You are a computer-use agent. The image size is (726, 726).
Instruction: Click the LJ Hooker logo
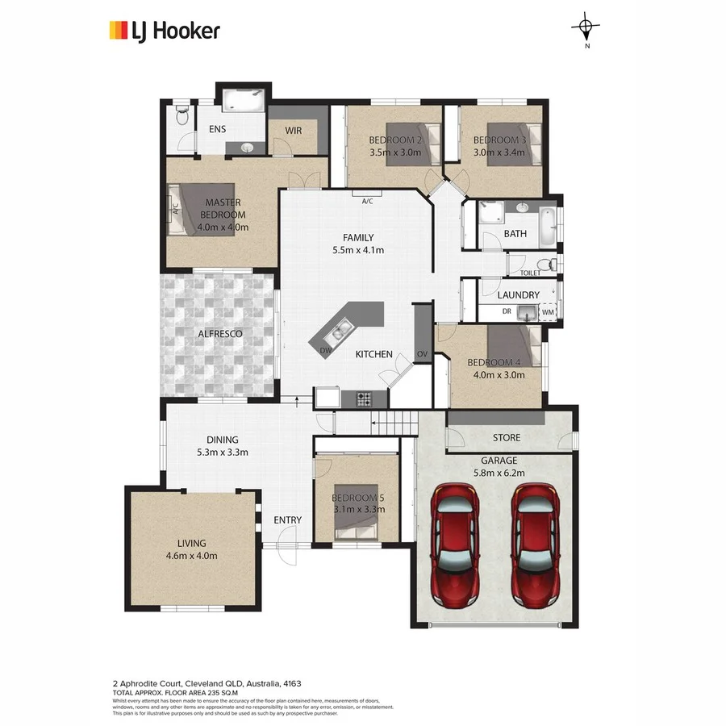[x=165, y=31]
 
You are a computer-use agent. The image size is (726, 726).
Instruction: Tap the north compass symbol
[x=586, y=29]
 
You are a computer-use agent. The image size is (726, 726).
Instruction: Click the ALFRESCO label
[x=220, y=333]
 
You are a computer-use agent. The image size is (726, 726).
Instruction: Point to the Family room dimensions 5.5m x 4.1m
[x=357, y=250]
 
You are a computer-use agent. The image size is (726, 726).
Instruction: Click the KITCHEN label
[x=374, y=354]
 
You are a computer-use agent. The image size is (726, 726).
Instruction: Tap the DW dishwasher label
[x=325, y=351]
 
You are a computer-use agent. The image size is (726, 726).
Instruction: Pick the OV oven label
[x=422, y=354]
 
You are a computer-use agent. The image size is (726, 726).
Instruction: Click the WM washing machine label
[x=548, y=311]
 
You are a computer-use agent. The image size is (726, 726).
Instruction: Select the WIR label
[x=293, y=130]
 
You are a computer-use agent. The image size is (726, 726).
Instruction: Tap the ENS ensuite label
[x=218, y=130]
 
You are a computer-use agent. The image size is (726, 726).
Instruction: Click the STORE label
[x=506, y=438]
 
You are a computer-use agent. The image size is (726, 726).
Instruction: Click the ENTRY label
[x=287, y=520]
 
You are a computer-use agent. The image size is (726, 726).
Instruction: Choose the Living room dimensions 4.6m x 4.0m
[x=192, y=555]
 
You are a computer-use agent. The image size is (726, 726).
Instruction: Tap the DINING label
[x=222, y=440]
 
